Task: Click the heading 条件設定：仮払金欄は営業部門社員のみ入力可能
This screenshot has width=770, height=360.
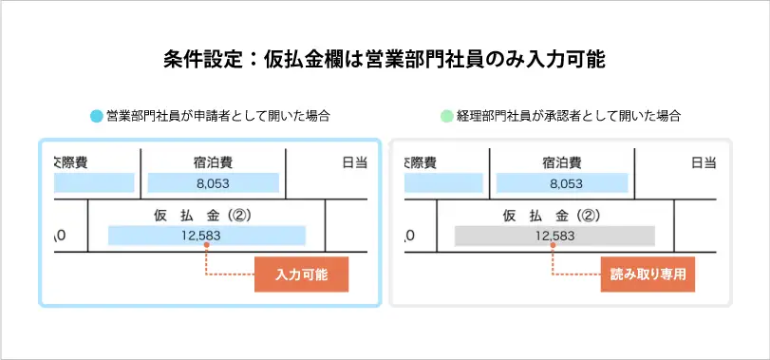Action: pyautogui.click(x=385, y=59)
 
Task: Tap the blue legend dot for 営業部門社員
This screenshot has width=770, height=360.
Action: pyautogui.click(x=96, y=117)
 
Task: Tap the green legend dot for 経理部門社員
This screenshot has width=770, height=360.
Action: pyautogui.click(x=446, y=117)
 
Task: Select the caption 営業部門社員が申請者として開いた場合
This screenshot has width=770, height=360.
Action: pyautogui.click(x=218, y=117)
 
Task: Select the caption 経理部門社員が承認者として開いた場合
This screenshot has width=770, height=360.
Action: pyautogui.click(x=569, y=117)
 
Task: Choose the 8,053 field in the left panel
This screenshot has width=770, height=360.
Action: pyautogui.click(x=213, y=182)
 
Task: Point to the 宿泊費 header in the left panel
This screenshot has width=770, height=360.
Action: pyautogui.click(x=213, y=162)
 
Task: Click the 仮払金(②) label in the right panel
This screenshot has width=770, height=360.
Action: pyautogui.click(x=554, y=215)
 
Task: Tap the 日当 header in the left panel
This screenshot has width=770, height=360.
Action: pyautogui.click(x=353, y=162)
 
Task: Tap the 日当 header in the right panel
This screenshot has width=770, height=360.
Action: pyautogui.click(x=703, y=162)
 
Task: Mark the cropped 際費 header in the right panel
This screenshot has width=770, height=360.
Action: pyautogui.click(x=421, y=162)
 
